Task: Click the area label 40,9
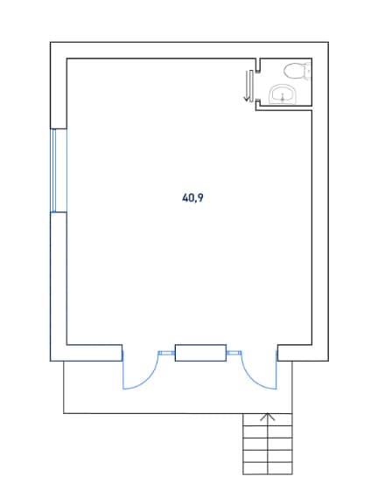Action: [192, 197]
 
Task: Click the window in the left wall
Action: [59, 170]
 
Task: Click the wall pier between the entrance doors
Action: [200, 353]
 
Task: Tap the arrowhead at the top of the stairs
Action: [268, 417]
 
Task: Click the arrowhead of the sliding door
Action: [247, 99]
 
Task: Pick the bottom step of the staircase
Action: [268, 469]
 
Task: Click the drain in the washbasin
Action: [283, 98]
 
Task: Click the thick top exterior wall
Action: [189, 50]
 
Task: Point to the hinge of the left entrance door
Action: [122, 356]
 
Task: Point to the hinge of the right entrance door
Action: [276, 356]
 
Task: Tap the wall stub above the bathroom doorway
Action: [257, 66]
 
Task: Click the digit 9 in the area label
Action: [199, 197]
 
